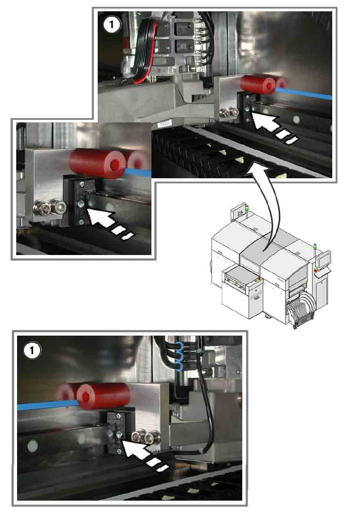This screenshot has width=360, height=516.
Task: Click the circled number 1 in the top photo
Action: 112,25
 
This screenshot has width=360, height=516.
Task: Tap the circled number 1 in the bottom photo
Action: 32,351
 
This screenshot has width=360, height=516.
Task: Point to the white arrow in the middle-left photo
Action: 107,221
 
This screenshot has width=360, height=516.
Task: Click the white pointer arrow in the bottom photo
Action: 143,453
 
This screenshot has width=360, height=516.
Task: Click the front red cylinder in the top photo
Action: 258,84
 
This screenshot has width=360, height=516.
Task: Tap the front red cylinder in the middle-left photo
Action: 98,163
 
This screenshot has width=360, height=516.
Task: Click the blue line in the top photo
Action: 304,93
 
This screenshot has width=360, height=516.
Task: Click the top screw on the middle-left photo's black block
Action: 82,184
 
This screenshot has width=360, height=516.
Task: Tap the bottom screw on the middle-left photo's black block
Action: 81,222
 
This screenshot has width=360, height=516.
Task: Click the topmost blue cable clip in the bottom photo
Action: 179,347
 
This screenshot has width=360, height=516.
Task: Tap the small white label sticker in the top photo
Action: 164,124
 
